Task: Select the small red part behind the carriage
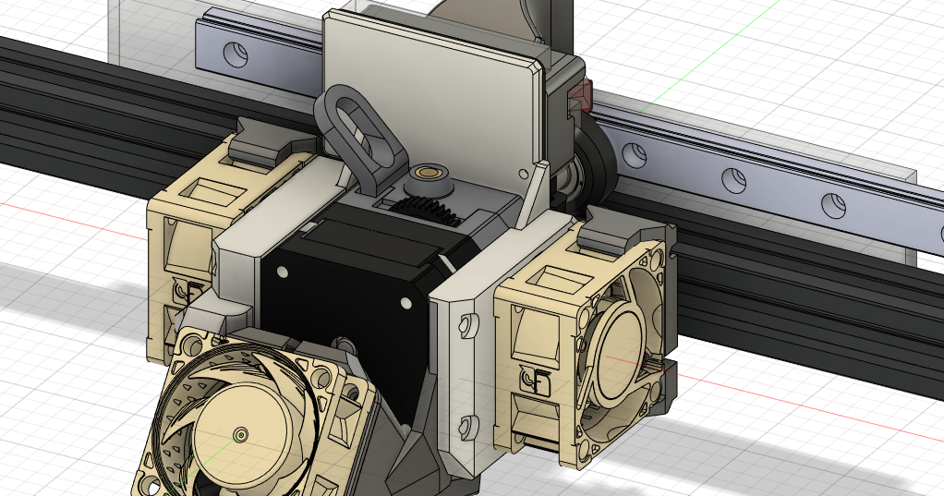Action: pyautogui.click(x=581, y=95)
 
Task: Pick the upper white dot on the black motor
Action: pyautogui.click(x=282, y=272)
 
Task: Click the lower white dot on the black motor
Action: pyautogui.click(x=405, y=302)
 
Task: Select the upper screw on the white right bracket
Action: pyautogui.click(x=466, y=322)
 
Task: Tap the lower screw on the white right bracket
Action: pyautogui.click(x=466, y=426)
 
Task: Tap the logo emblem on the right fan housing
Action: pyautogui.click(x=532, y=380)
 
